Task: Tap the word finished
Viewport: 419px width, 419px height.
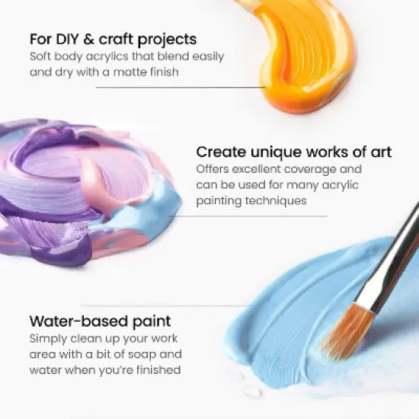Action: coord(153,370)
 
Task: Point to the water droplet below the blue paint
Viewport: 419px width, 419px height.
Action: coord(251,392)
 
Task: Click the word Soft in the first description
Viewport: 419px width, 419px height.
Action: coord(42,57)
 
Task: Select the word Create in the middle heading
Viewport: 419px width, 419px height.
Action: coord(217,152)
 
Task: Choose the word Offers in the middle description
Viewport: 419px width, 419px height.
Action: coord(214,169)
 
